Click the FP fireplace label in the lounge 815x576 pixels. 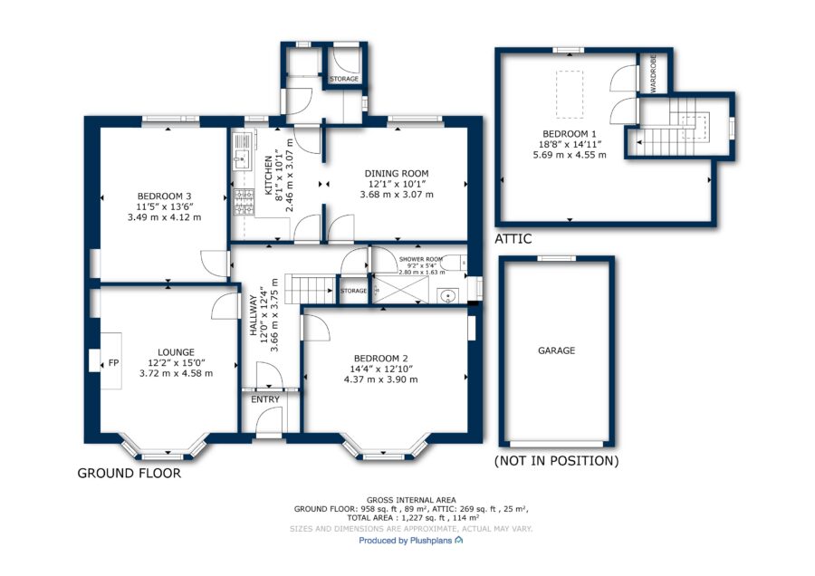pyautogui.click(x=113, y=363)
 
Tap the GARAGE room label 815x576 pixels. pyautogui.click(x=556, y=350)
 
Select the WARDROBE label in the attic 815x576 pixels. pyautogui.click(x=653, y=73)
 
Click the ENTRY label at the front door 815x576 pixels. pyautogui.click(x=265, y=399)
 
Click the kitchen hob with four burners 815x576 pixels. pyautogui.click(x=244, y=203)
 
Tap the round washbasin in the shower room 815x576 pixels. pyautogui.click(x=447, y=296)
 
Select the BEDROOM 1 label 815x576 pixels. pyautogui.click(x=570, y=134)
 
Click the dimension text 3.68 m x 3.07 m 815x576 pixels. pyautogui.click(x=397, y=195)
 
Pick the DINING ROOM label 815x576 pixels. pyautogui.click(x=397, y=174)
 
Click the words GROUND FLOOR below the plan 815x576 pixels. pyautogui.click(x=129, y=473)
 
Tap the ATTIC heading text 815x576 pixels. pyautogui.click(x=513, y=239)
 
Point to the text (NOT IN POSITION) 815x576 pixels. pyautogui.click(x=556, y=461)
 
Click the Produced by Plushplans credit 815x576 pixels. pyautogui.click(x=410, y=541)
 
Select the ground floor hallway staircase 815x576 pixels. pyautogui.click(x=311, y=290)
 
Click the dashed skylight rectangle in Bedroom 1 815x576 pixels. pyautogui.click(x=570, y=94)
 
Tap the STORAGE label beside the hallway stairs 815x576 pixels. pyautogui.click(x=353, y=291)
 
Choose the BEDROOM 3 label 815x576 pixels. pyautogui.click(x=164, y=197)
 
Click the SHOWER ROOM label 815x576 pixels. pyautogui.click(x=421, y=259)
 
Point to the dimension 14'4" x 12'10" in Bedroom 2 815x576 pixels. pyautogui.click(x=381, y=370)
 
